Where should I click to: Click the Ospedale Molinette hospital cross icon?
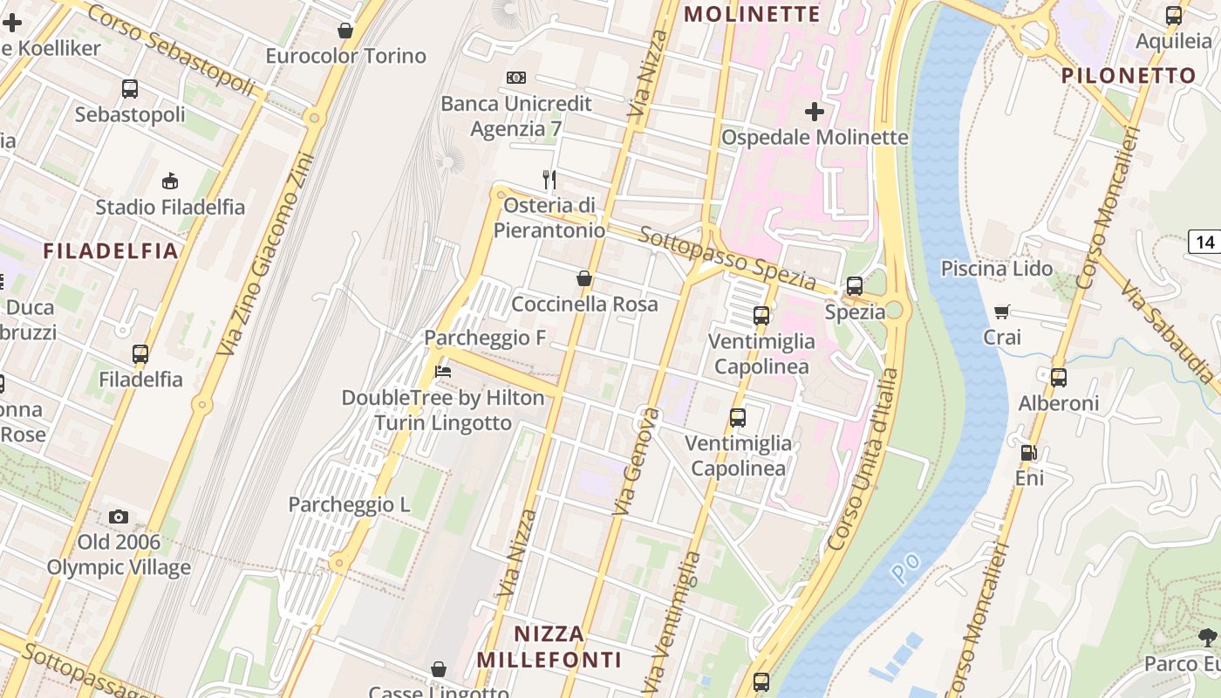[x=815, y=112]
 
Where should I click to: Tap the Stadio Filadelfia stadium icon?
[x=170, y=181]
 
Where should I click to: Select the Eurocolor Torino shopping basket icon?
[x=345, y=31]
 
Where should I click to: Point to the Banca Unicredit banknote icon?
[x=516, y=78]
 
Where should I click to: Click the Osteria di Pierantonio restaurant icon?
[x=549, y=180]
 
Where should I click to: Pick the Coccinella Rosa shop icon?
[x=584, y=278]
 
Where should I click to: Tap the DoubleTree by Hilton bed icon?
[x=443, y=372]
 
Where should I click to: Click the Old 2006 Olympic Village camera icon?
[x=119, y=517]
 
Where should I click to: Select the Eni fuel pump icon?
[x=1029, y=453]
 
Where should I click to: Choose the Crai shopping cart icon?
[x=1002, y=311]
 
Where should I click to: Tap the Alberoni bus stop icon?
[x=1059, y=378]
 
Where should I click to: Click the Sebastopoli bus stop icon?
[x=130, y=89]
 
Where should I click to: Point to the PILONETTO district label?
[x=1129, y=76]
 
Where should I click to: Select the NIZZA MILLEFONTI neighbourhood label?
[x=549, y=647]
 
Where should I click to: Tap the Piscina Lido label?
[x=997, y=269]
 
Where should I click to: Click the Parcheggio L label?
[x=349, y=504]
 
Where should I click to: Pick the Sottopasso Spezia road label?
[x=727, y=259]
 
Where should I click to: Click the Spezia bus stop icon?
[x=855, y=286]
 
